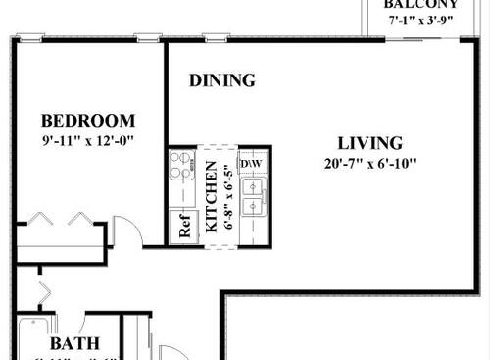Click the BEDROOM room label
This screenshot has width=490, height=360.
tap(87, 121)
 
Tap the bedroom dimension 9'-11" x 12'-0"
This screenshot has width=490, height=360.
tap(87, 140)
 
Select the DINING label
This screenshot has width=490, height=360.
tap(222, 80)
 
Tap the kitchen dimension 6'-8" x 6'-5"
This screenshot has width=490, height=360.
tap(229, 196)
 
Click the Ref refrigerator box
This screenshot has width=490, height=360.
tap(183, 228)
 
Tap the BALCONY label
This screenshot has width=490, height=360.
tap(420, 4)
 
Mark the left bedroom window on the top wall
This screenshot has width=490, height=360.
tap(30, 39)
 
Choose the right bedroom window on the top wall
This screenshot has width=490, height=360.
tap(148, 39)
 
